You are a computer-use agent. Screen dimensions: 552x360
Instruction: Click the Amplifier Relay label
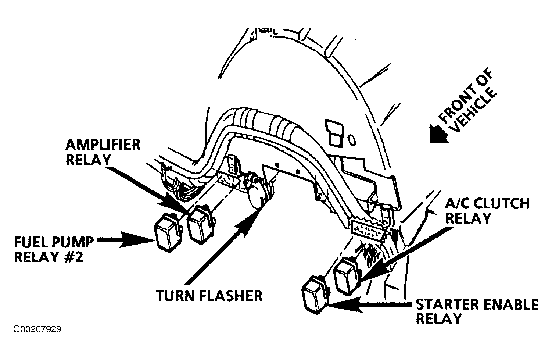pos(103,152)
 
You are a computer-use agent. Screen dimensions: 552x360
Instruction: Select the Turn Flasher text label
pos(209,296)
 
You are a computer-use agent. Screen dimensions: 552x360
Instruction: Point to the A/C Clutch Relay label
pos(487,211)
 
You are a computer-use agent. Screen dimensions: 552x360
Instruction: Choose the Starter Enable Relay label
pos(477,311)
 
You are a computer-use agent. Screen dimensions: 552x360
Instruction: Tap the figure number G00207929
pos(37,329)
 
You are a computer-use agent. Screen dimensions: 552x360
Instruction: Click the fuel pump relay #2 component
pos(168,232)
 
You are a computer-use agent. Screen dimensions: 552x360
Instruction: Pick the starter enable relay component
pos(315,295)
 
